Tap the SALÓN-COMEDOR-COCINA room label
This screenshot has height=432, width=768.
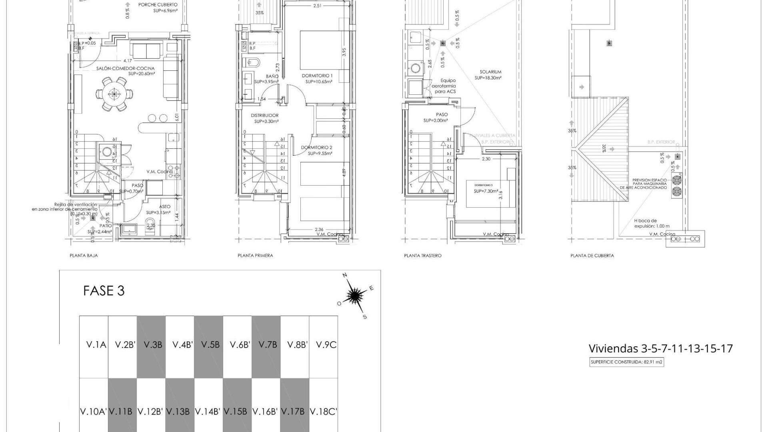point(125,68)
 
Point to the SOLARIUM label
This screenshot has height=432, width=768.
point(490,72)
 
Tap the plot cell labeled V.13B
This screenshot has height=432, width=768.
point(180,412)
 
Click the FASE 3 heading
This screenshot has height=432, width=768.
point(104,291)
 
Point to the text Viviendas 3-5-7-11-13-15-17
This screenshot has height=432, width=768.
point(660,348)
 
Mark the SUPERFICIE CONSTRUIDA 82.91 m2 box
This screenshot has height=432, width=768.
point(626,362)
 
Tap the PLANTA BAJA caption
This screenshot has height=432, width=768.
point(84,256)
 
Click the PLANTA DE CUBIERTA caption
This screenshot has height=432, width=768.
point(592,256)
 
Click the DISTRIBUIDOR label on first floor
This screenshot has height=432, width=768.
point(264,115)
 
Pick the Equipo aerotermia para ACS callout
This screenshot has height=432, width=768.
point(445,86)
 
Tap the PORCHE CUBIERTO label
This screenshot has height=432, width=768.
point(158,5)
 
